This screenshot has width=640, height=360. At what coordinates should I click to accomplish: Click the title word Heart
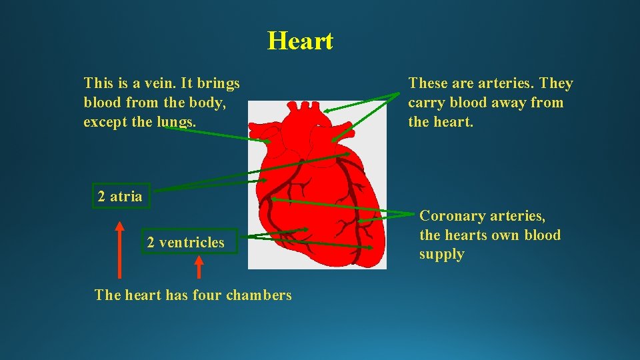(300, 41)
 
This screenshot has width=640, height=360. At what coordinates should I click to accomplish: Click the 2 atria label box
(120, 196)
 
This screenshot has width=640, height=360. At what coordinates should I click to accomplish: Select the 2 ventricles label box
(186, 243)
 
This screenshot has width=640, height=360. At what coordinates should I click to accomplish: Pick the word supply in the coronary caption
(441, 255)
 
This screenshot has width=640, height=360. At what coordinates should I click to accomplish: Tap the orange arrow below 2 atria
(120, 250)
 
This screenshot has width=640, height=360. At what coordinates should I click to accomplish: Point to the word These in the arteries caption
(428, 83)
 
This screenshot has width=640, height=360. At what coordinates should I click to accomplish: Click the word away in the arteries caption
(509, 103)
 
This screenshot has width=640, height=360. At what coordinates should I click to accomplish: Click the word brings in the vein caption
(218, 83)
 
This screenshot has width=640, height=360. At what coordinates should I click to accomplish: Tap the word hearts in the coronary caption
(465, 235)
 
